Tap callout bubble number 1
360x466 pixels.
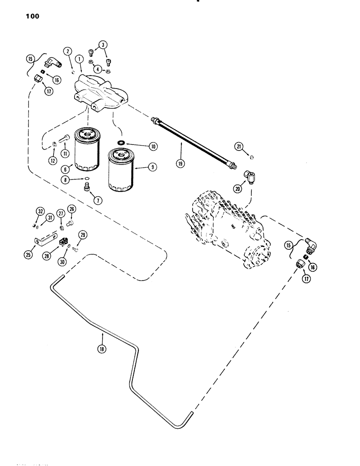coord(80,60)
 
